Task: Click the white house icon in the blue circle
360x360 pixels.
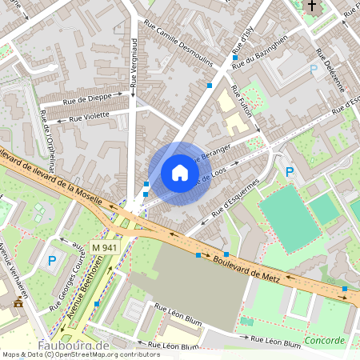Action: (x=180, y=173)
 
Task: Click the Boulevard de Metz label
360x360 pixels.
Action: (x=249, y=267)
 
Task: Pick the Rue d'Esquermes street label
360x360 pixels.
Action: (x=235, y=200)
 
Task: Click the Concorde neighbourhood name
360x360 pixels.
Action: (x=324, y=340)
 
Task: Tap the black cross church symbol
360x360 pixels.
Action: (x=311, y=6)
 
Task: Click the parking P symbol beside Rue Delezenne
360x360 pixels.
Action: (x=313, y=70)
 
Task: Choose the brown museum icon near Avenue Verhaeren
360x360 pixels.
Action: (x=18, y=303)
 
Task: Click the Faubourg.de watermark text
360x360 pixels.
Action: (x=74, y=346)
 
